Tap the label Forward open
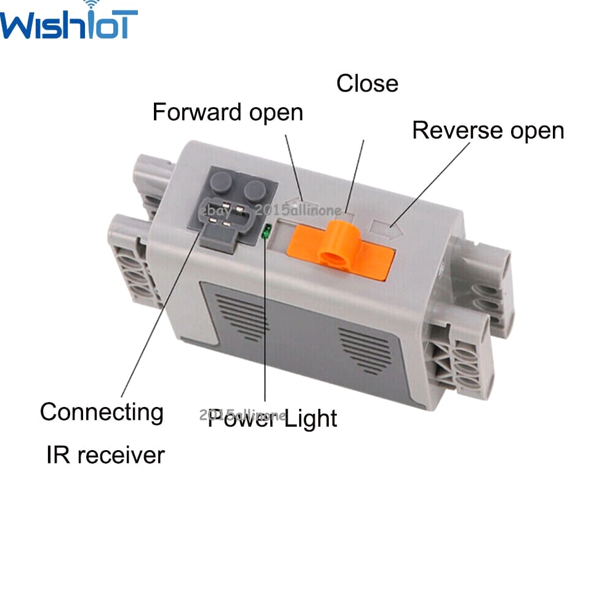coord(227,113)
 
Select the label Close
coord(367,84)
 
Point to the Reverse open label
coord(488,131)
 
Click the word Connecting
coord(102,412)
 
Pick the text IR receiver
coord(105,455)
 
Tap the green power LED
coord(267,232)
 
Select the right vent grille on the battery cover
coord(366,348)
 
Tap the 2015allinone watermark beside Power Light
coord(243,415)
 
